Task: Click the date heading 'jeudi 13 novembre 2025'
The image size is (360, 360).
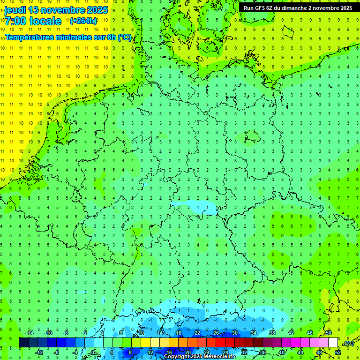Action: (x=56, y=10)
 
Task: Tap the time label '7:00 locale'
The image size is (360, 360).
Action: (x=33, y=21)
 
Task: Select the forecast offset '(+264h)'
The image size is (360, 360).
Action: (x=83, y=21)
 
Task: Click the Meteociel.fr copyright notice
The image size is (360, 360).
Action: (x=199, y=357)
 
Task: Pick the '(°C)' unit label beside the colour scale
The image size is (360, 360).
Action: (x=349, y=343)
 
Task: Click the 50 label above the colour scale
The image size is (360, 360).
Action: (x=328, y=333)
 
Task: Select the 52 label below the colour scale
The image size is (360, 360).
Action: (x=338, y=352)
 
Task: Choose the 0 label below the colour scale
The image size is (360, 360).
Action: (x=93, y=352)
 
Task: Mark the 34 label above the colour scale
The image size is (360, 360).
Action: (x=253, y=333)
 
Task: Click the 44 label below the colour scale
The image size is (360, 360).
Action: (x=300, y=352)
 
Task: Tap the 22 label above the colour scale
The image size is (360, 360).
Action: (x=197, y=333)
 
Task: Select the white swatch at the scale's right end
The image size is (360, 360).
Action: (x=333, y=343)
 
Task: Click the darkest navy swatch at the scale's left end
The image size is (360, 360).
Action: (x=23, y=343)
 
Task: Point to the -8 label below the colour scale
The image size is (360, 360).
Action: (x=57, y=352)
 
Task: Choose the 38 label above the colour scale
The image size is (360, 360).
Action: (x=272, y=333)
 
